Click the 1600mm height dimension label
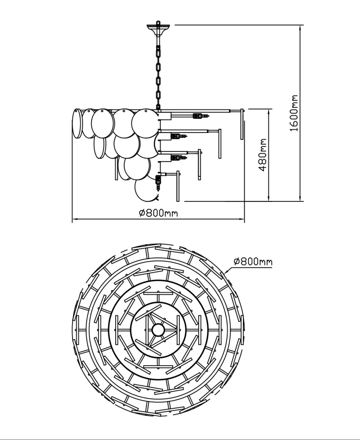(x=295, y=113)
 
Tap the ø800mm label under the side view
(x=158, y=212)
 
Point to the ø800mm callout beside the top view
(x=253, y=261)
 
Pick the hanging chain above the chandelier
(x=158, y=73)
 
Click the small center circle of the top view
(x=159, y=328)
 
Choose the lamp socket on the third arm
(x=178, y=158)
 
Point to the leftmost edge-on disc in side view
(x=76, y=122)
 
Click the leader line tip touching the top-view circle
(x=225, y=272)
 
